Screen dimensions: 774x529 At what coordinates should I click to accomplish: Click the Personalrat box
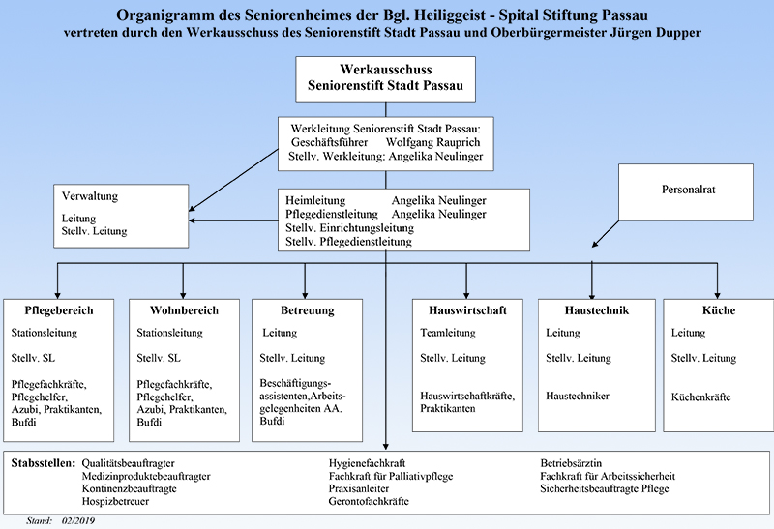[x=686, y=191]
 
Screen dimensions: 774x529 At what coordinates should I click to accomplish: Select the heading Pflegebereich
[x=59, y=310]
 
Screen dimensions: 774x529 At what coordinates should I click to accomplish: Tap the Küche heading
[x=719, y=310]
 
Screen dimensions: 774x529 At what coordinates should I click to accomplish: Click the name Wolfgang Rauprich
[x=432, y=142]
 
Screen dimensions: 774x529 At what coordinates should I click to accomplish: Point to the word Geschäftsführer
[x=329, y=142]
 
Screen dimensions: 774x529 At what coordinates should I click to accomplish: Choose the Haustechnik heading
[x=597, y=310]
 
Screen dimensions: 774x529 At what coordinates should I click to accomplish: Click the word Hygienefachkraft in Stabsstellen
[x=367, y=463]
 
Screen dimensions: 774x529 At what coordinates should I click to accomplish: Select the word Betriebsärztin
[x=571, y=463]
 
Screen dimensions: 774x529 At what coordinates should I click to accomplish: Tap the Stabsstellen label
[x=44, y=463]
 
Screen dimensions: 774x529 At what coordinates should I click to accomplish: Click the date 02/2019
[x=78, y=520]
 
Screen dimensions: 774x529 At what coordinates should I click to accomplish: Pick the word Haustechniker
[x=577, y=396]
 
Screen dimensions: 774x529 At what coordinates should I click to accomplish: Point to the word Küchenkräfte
[x=700, y=397]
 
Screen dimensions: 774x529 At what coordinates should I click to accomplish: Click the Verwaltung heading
[x=90, y=196]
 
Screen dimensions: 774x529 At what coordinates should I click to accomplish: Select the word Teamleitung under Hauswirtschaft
[x=448, y=333]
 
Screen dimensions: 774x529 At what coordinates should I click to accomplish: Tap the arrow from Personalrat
[x=606, y=233]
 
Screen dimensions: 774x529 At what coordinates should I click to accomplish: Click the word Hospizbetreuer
[x=115, y=501]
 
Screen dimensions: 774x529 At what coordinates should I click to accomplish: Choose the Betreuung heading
[x=307, y=310]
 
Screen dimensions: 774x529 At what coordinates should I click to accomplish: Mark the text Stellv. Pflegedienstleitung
[x=348, y=242]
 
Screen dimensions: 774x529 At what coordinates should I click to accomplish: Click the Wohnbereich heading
[x=184, y=310]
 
